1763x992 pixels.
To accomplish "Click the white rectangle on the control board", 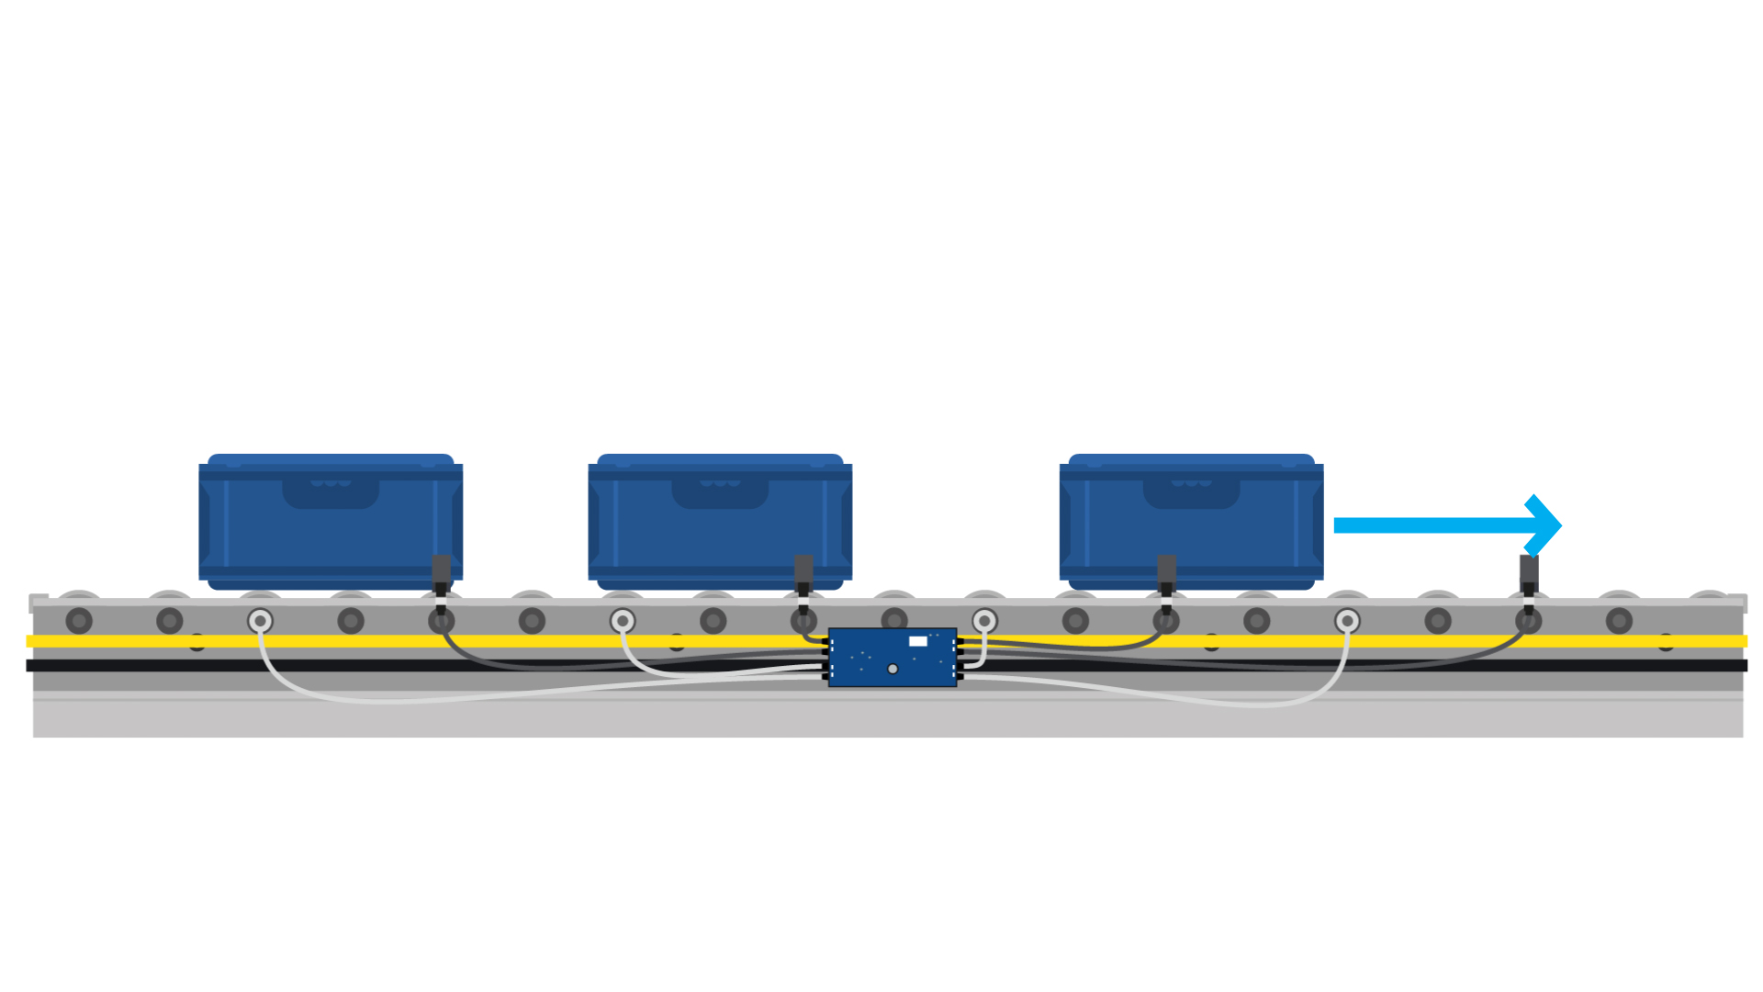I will (917, 641).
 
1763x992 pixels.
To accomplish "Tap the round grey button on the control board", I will (893, 669).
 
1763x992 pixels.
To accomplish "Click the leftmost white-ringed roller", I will (260, 621).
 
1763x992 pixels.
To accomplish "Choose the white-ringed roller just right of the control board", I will (984, 621).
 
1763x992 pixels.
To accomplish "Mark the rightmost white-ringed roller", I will (1347, 621).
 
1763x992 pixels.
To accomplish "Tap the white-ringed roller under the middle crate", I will (623, 621).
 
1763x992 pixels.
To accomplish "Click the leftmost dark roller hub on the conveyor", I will (79, 621).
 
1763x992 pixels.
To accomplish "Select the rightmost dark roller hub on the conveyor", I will (1619, 621).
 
